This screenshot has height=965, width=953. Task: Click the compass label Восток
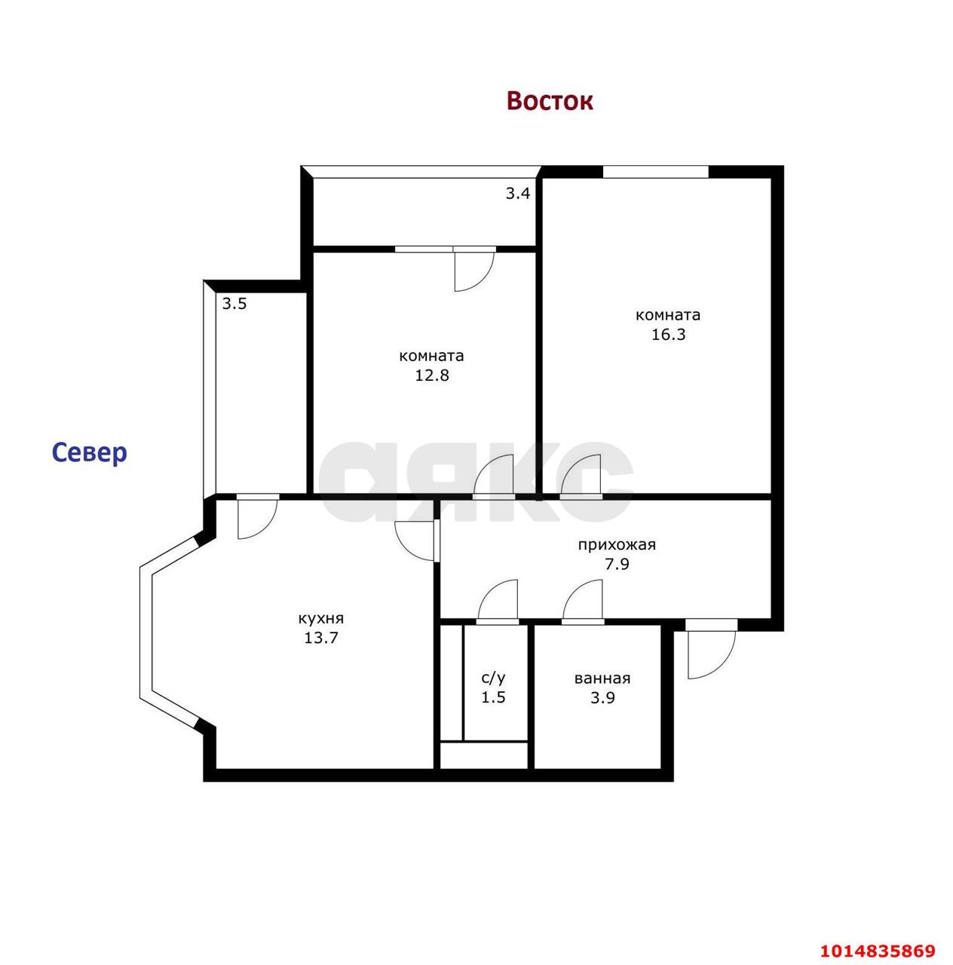pyautogui.click(x=550, y=101)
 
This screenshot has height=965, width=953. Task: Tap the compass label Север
pyautogui.click(x=90, y=452)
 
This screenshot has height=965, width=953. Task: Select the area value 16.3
pyautogui.click(x=668, y=335)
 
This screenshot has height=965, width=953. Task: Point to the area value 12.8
pyautogui.click(x=431, y=375)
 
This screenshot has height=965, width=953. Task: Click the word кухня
pyautogui.click(x=320, y=619)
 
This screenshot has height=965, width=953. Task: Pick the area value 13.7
pyautogui.click(x=320, y=638)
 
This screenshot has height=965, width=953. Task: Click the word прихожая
pyautogui.click(x=617, y=545)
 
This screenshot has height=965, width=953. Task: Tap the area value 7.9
pyautogui.click(x=617, y=565)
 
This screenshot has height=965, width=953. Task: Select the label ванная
pyautogui.click(x=602, y=679)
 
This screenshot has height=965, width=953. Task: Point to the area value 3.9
pyautogui.click(x=602, y=697)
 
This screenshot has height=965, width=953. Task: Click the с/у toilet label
pyautogui.click(x=494, y=678)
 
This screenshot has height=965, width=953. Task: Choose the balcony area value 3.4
pyautogui.click(x=517, y=193)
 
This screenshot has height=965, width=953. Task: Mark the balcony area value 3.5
pyautogui.click(x=234, y=304)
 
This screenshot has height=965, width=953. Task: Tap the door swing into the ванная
pyautogui.click(x=582, y=602)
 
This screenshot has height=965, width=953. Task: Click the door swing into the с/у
pyautogui.click(x=497, y=602)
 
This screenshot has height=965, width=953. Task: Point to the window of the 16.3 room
pyautogui.click(x=655, y=172)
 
